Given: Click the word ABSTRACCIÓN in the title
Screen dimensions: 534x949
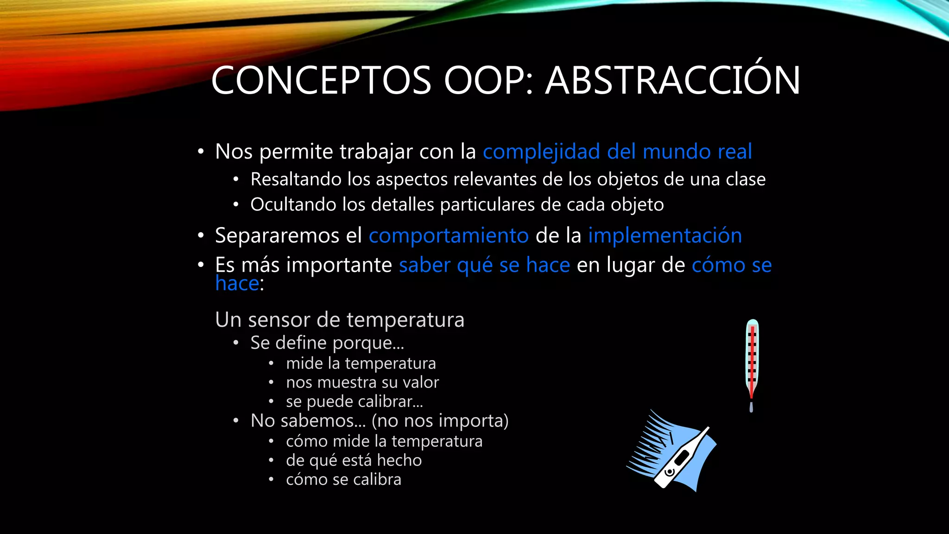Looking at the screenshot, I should (x=672, y=80).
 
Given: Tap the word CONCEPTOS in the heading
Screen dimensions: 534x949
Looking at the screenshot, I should (x=321, y=80).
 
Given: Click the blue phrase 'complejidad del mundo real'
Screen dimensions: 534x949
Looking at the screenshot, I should (x=617, y=152).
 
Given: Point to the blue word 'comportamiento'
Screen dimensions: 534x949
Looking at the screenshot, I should (x=449, y=235).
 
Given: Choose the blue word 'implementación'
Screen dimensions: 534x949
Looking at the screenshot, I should (x=665, y=235).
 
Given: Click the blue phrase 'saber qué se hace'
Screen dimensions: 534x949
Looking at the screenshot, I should (x=484, y=265).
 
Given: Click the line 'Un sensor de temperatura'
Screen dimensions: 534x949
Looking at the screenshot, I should (x=340, y=320).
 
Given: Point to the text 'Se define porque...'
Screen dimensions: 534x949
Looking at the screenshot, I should (x=327, y=343).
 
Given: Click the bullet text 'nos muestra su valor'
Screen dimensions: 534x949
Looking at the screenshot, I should (x=362, y=382).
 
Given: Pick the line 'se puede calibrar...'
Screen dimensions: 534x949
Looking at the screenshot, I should (x=354, y=401).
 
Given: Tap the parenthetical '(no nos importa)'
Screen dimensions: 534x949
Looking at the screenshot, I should (x=440, y=421).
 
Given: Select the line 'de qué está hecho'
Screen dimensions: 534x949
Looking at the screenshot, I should (x=354, y=460).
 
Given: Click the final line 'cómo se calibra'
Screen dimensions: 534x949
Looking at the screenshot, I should (x=343, y=479).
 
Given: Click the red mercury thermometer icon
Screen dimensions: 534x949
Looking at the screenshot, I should (x=752, y=364).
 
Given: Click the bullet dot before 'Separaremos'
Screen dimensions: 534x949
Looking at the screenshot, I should (x=201, y=236).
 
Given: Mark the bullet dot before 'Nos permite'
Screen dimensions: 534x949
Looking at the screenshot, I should (x=201, y=152).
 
